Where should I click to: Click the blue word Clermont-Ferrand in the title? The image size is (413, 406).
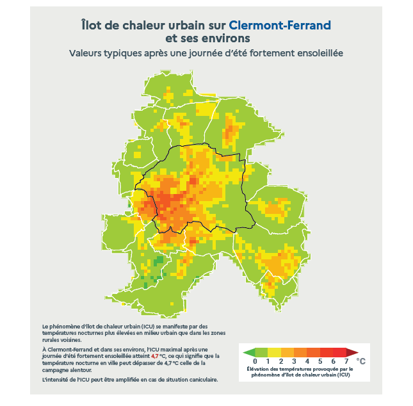click(280, 26)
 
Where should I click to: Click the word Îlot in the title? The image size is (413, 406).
click(93, 26)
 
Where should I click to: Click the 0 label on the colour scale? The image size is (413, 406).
click(255, 361)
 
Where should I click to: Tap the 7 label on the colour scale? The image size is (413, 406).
click(346, 361)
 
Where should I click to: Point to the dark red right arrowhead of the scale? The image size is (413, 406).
click(353, 352)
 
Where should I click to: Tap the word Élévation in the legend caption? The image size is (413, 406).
click(259, 369)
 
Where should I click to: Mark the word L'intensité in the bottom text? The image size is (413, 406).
click(55, 380)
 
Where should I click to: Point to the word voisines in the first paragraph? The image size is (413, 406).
click(69, 340)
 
